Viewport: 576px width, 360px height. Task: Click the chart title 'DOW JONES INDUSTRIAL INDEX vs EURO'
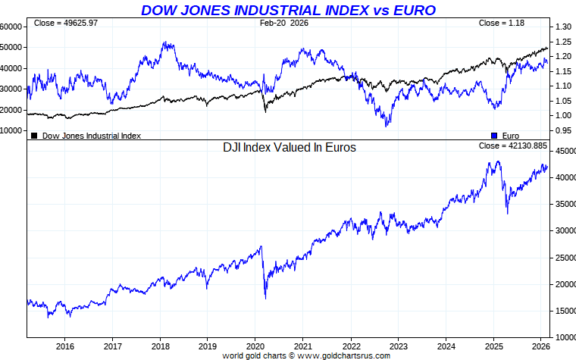(288, 10)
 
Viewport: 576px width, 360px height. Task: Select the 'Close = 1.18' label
(501, 23)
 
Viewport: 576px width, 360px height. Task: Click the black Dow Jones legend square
(34, 136)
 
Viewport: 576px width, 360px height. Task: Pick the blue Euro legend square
(495, 136)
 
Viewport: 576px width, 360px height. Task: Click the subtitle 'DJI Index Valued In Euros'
(289, 148)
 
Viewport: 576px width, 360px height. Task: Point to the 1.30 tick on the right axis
(562, 27)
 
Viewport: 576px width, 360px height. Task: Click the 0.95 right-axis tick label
(562, 130)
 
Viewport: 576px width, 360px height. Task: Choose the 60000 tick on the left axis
(11, 26)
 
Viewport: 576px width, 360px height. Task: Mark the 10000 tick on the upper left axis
(11, 130)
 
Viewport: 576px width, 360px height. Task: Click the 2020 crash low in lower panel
(265, 297)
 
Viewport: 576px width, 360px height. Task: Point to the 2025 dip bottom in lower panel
(507, 213)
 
